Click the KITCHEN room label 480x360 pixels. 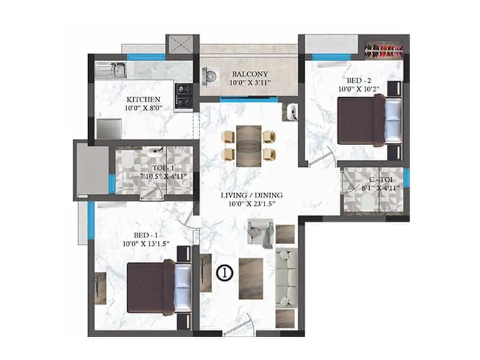coord(143,98)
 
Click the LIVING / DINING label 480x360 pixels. coord(251,195)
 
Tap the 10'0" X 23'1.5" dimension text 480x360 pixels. coord(251,205)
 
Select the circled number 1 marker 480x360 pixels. coord(223,272)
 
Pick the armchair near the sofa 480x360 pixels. coord(261,233)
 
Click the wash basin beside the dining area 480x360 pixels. coord(292,111)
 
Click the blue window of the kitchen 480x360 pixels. coord(138,57)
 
